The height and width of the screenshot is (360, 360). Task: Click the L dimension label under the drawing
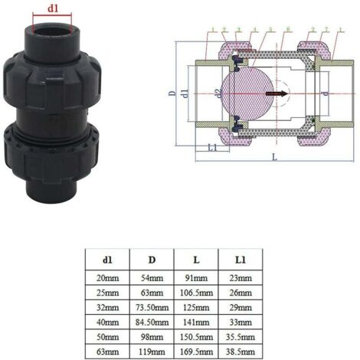click(273, 156)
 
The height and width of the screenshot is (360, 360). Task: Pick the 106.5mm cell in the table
click(196, 292)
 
